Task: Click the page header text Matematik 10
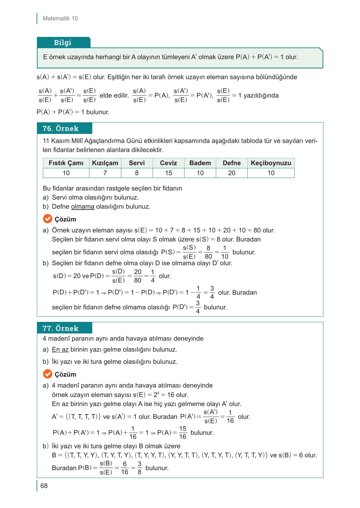click(x=60, y=18)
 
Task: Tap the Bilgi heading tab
click(x=63, y=43)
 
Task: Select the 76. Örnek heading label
click(x=61, y=129)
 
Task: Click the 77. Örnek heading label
click(x=61, y=328)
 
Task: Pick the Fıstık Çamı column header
click(x=66, y=163)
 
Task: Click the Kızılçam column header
click(x=105, y=163)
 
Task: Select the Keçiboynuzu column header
click(x=271, y=163)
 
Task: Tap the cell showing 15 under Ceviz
click(x=168, y=173)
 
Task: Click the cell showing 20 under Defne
click(x=231, y=173)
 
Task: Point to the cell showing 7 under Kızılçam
click(x=105, y=173)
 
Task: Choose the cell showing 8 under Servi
click(x=137, y=173)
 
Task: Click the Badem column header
click(x=200, y=163)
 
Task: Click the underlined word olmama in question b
click(x=83, y=206)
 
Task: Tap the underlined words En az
click(x=60, y=349)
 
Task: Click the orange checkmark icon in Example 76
click(x=47, y=219)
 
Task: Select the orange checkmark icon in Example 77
click(x=47, y=374)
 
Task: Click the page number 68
click(x=44, y=486)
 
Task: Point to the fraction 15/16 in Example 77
click(x=183, y=433)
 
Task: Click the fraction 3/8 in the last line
click(x=139, y=468)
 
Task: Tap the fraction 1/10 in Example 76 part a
click(x=225, y=252)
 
